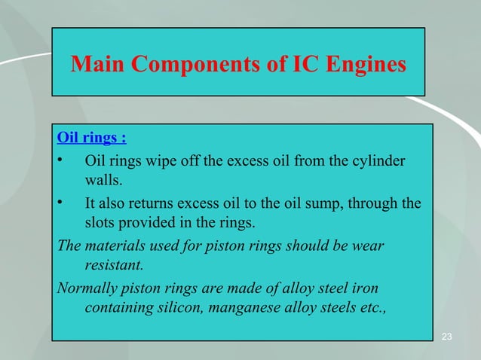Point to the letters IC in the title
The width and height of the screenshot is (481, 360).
(299, 65)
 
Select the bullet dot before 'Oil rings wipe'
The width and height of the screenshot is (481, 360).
(61, 161)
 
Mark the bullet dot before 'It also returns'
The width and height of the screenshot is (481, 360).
(61, 203)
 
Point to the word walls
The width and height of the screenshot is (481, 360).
(100, 182)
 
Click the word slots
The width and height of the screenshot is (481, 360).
(100, 224)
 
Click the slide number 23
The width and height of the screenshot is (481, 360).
(446, 336)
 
